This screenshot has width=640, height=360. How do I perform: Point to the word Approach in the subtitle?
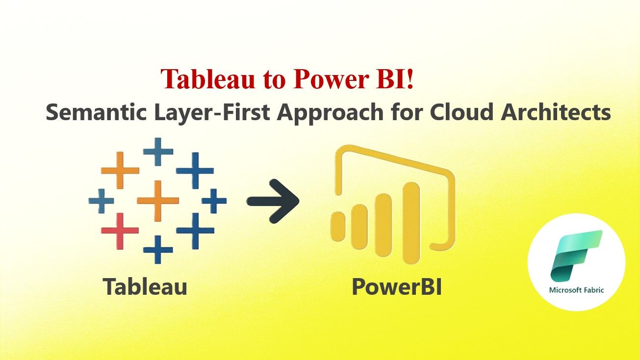click(x=330, y=114)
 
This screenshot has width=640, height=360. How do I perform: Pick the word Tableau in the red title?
click(x=208, y=79)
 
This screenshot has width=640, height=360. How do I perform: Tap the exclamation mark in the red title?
click(x=410, y=79)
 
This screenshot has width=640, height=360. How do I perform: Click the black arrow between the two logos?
click(x=273, y=201)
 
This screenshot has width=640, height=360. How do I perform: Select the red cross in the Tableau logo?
click(x=120, y=231)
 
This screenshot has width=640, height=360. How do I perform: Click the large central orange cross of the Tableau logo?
click(x=158, y=201)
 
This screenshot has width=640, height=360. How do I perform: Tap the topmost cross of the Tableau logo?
click(x=158, y=152)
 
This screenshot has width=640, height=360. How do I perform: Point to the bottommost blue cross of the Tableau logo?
click(x=158, y=250)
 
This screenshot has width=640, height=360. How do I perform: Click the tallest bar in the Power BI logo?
click(x=411, y=223)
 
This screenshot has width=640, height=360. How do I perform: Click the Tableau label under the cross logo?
click(x=145, y=286)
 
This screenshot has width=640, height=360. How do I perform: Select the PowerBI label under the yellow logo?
click(x=397, y=286)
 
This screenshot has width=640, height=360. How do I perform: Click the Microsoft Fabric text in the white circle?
click(x=576, y=290)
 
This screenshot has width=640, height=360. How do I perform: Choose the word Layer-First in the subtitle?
click(x=212, y=113)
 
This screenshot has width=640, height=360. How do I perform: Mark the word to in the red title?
click(x=273, y=80)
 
